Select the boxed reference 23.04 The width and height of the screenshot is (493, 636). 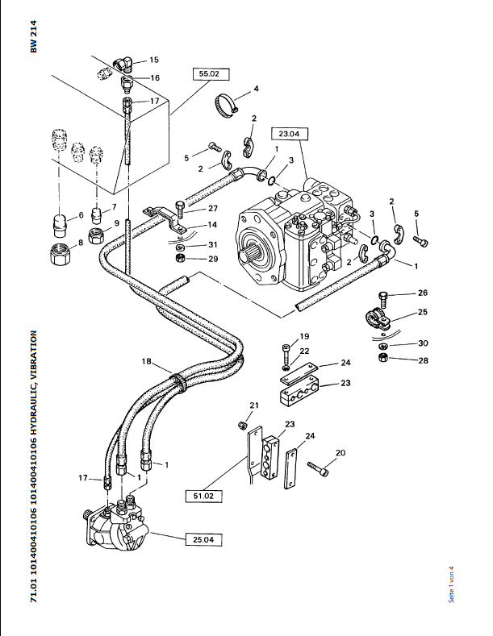[290, 134]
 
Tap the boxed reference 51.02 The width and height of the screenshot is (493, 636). [204, 496]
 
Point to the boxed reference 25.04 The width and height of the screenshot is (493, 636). [204, 539]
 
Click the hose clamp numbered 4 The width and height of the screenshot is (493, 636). [226, 105]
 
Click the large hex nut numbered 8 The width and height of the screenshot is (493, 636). [61, 254]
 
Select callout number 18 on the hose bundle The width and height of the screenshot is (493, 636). [146, 361]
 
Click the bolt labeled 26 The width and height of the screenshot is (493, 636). [383, 299]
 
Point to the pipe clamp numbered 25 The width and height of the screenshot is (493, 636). [377, 320]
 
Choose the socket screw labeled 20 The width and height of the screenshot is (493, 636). [318, 469]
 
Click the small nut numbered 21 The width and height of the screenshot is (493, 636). [242, 425]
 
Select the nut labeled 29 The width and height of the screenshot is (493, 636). [180, 258]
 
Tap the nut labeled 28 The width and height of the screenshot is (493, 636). [382, 358]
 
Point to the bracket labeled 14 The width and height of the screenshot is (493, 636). [165, 219]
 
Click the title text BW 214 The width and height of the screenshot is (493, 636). [34, 36]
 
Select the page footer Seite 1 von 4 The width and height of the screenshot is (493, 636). [451, 584]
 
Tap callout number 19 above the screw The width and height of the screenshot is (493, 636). [304, 336]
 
